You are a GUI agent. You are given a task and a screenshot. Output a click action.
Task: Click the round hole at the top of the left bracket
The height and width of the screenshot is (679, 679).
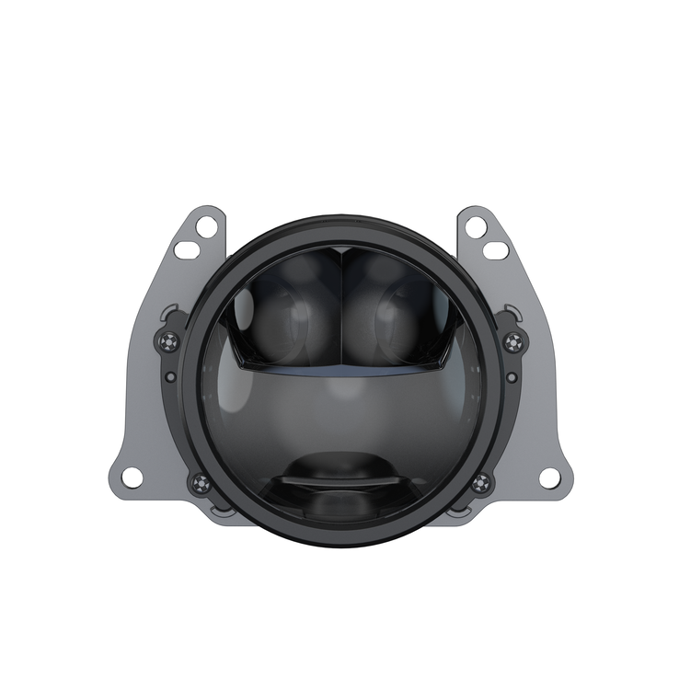point(205,225)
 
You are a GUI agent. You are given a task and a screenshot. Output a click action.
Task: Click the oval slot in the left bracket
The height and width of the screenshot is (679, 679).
point(187,249)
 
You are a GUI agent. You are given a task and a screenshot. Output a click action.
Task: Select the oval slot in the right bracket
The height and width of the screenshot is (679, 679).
point(495,249)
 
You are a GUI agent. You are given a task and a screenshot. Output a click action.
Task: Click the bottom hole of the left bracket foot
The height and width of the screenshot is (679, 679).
point(132,478)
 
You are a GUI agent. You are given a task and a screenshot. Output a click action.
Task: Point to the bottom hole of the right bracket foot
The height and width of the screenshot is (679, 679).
point(549,478)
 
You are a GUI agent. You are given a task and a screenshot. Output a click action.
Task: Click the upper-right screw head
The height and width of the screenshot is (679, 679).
point(512,342)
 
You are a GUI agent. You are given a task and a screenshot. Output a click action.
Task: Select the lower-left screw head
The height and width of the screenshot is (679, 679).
point(199,482)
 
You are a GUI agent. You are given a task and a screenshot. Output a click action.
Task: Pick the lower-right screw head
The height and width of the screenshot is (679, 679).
point(481,482)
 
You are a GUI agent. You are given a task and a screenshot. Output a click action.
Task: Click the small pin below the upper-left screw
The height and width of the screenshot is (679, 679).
point(170,376)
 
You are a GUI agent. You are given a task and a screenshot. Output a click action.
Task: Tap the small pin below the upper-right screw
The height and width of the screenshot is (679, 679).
point(512,376)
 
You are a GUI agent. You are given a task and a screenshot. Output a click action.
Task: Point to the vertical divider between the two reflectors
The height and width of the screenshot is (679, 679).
point(340,308)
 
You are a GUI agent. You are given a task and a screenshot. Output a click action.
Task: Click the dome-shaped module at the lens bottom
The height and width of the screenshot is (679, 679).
point(340,478)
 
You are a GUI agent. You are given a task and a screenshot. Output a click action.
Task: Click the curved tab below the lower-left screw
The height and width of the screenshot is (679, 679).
point(219,508)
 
